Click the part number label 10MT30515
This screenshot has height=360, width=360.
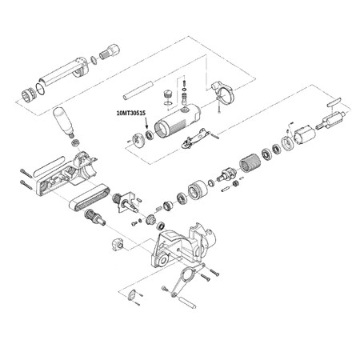point(131,113)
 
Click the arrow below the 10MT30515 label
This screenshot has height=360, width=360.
point(146,122)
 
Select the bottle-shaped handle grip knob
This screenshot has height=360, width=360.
point(64,122)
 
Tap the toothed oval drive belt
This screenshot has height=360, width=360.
point(90,197)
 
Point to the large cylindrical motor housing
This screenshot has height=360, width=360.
point(178,121)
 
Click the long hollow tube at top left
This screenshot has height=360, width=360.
point(64,71)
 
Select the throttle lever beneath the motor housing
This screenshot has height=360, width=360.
point(196,138)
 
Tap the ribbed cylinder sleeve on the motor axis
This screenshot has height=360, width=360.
point(250,162)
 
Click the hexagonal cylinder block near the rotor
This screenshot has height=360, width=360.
point(305,134)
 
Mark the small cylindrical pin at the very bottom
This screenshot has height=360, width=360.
point(187,302)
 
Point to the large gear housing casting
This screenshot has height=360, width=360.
point(183,246)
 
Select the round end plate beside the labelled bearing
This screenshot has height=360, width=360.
point(139,139)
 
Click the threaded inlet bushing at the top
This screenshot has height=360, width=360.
point(110,52)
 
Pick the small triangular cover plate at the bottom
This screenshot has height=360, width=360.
point(131,296)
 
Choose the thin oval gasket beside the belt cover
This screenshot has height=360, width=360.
point(48,166)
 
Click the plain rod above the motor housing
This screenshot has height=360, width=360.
point(138,90)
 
